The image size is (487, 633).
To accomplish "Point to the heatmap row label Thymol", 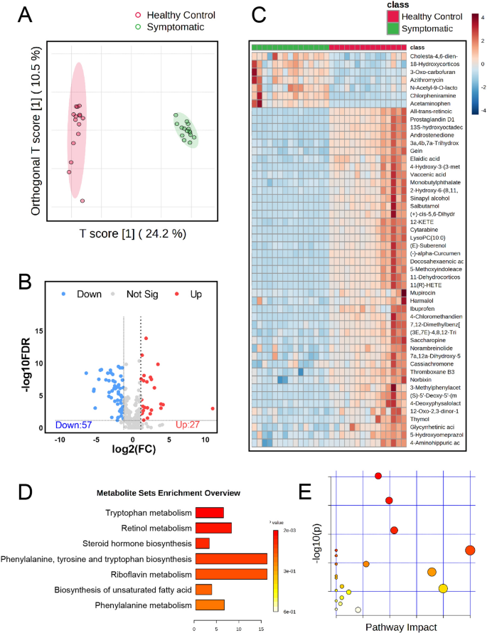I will coord(424,419).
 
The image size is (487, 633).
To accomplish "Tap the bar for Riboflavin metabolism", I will coord(231,573).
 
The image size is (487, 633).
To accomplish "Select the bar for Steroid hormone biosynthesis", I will coord(202,543).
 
